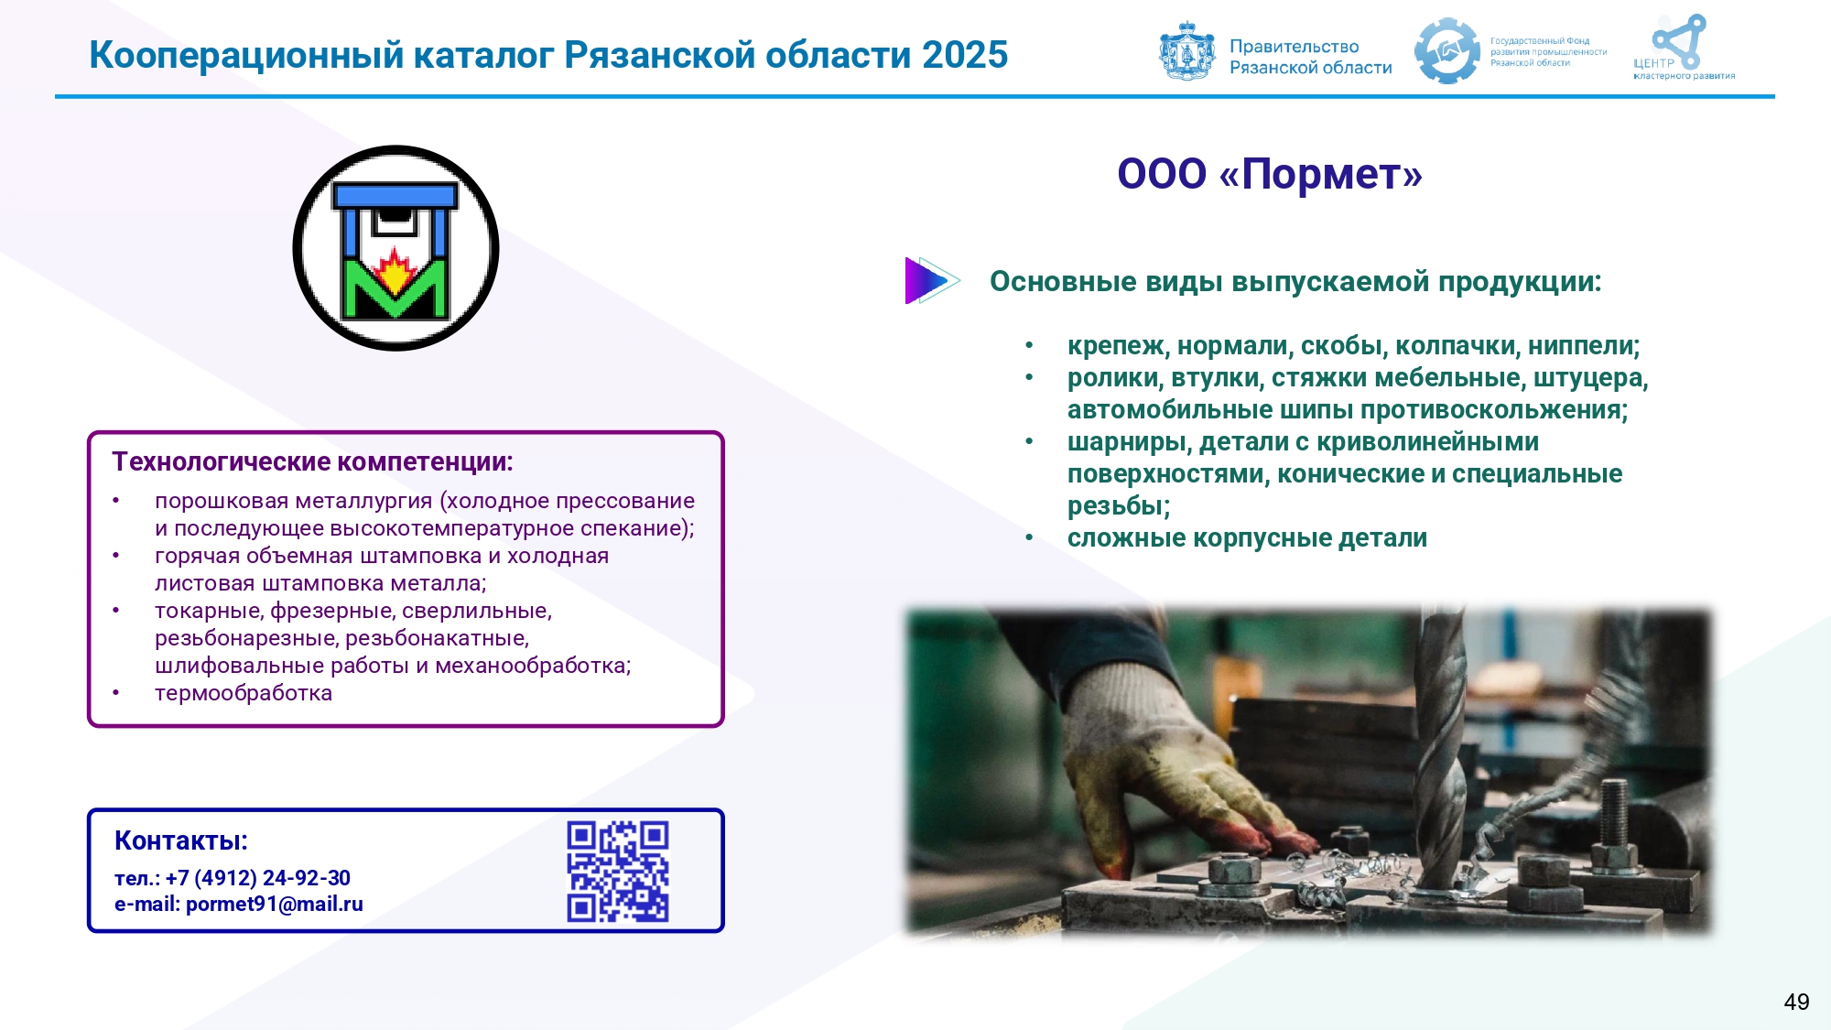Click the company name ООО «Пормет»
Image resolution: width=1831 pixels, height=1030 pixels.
(1270, 174)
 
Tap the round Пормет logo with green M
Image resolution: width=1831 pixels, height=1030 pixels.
(395, 248)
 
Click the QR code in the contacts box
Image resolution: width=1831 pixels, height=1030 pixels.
(618, 871)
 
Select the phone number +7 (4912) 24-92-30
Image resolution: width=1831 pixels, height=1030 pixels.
(258, 878)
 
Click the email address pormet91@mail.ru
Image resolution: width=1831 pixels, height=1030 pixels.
(275, 905)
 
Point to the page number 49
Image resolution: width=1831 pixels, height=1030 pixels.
(1796, 1002)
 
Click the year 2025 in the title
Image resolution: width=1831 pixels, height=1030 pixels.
(965, 55)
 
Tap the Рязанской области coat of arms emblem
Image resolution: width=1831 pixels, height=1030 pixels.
(1187, 51)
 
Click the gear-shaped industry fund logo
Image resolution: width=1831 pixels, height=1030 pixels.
(1446, 51)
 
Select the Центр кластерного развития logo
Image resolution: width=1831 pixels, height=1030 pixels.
(1683, 48)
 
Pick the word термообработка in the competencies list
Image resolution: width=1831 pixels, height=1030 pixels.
(244, 693)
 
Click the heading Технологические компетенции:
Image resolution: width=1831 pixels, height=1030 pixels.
(312, 461)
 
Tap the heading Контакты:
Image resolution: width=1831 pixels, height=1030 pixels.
(181, 840)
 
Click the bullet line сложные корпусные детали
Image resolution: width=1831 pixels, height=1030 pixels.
(1247, 538)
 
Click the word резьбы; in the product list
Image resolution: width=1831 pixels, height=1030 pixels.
(1119, 506)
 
